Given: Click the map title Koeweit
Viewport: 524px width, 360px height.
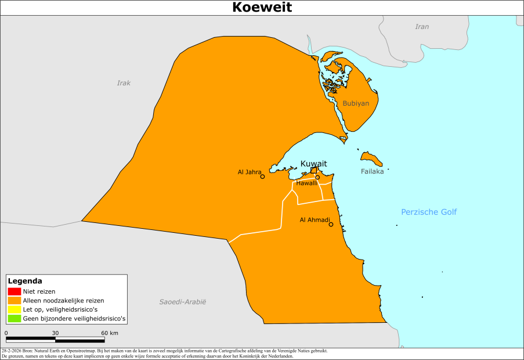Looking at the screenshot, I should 262,7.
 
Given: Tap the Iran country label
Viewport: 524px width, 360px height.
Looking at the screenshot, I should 422,27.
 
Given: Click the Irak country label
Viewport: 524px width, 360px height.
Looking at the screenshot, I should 124,83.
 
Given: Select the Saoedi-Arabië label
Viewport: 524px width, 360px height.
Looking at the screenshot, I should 183,302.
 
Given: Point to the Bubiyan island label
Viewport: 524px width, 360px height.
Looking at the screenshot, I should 356,103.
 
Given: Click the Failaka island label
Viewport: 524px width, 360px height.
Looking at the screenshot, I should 372,171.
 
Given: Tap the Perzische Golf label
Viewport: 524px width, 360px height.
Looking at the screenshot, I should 429,212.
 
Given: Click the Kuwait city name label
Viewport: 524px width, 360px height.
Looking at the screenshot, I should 313,163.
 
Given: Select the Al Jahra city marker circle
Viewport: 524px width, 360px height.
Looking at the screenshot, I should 262,177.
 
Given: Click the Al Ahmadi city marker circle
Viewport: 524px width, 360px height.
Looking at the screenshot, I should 331,224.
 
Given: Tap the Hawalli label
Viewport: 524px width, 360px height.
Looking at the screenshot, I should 306,183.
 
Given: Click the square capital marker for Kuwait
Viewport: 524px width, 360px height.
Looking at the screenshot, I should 314,170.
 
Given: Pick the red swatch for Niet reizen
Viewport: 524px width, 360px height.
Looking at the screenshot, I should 15,291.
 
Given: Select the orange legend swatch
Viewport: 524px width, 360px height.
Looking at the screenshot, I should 15,300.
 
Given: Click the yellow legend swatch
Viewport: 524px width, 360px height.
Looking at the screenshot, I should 15,309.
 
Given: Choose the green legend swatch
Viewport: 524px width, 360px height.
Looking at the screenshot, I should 15,318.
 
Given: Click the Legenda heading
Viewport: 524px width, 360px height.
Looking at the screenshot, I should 25,281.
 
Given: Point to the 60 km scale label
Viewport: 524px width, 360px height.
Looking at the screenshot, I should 110,333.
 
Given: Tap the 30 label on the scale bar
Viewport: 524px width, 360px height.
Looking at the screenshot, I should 56,333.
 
